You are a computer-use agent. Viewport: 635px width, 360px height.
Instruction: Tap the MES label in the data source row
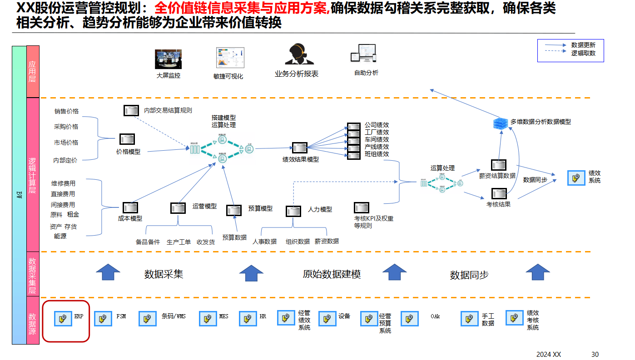coord(223,316)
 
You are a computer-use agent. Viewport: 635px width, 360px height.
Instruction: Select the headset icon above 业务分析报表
coord(296,54)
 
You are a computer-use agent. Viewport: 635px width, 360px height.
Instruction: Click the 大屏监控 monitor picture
coord(168,59)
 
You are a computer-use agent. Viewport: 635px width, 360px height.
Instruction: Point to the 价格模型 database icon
coord(127,139)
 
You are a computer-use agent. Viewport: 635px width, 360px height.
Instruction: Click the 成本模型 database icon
coord(130,208)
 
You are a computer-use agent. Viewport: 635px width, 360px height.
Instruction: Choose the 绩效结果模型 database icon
coord(299,148)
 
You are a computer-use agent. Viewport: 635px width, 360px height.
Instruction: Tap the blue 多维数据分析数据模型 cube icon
coord(500,123)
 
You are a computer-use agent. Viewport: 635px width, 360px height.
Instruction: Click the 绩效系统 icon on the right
coord(576,178)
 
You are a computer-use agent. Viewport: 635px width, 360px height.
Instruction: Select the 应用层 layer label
coord(33,71)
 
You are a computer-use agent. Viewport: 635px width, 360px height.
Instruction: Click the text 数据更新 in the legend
coord(583,45)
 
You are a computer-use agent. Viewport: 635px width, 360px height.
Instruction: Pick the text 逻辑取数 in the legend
coord(583,53)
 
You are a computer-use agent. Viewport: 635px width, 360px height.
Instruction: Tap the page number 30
coord(595,354)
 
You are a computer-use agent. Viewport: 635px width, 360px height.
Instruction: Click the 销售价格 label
coord(66,111)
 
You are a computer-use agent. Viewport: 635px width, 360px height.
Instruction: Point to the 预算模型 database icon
coord(234,210)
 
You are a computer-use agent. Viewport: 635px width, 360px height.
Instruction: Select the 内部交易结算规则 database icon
coord(131,110)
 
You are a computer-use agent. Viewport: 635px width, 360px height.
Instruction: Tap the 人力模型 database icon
coord(293,211)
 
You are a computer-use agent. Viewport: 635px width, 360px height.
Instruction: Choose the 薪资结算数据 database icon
coord(498,165)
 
